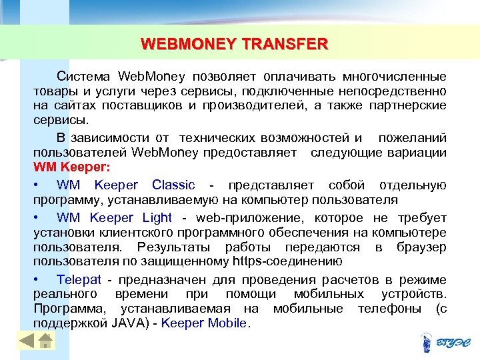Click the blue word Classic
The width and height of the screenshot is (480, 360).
pyautogui.click(x=173, y=185)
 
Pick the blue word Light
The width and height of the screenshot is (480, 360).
pyautogui.click(x=157, y=217)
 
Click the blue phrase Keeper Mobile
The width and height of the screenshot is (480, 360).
pyautogui.click(x=204, y=323)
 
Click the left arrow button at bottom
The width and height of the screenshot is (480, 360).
pyautogui.click(x=27, y=341)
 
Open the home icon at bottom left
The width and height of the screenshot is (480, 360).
pyautogui.click(x=45, y=341)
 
